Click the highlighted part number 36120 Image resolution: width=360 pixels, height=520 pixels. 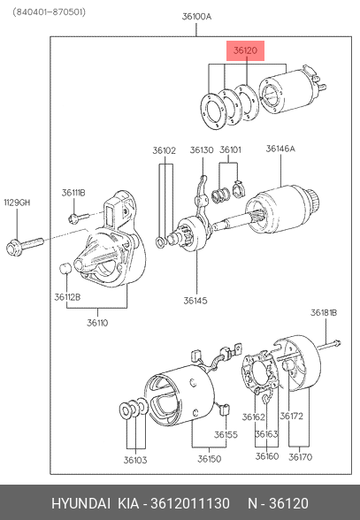click(245, 50)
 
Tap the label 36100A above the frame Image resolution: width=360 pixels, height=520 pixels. click(196, 17)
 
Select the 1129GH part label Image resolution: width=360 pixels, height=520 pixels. click(17, 203)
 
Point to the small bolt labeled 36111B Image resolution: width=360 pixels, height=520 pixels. click(79, 218)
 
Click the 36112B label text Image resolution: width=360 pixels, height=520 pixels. click(67, 297)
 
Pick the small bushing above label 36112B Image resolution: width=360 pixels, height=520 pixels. click(65, 268)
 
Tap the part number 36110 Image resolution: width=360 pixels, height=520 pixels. click(97, 323)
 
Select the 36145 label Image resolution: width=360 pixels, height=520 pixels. click(195, 301)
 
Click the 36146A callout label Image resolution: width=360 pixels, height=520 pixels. click(280, 149)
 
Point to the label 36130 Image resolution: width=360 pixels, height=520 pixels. click(202, 150)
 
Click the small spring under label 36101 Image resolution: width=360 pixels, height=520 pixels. click(220, 195)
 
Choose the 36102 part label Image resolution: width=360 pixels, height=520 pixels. click(165, 150)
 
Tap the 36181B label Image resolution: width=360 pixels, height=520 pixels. click(324, 313)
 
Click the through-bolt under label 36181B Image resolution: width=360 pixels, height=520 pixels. click(329, 346)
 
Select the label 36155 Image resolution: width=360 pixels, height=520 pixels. click(226, 434)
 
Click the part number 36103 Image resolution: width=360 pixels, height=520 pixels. click(135, 460)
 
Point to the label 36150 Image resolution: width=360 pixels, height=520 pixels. click(210, 459)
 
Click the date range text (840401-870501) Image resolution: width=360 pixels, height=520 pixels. click(50, 12)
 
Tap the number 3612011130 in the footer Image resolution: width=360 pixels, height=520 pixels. click(190, 503)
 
